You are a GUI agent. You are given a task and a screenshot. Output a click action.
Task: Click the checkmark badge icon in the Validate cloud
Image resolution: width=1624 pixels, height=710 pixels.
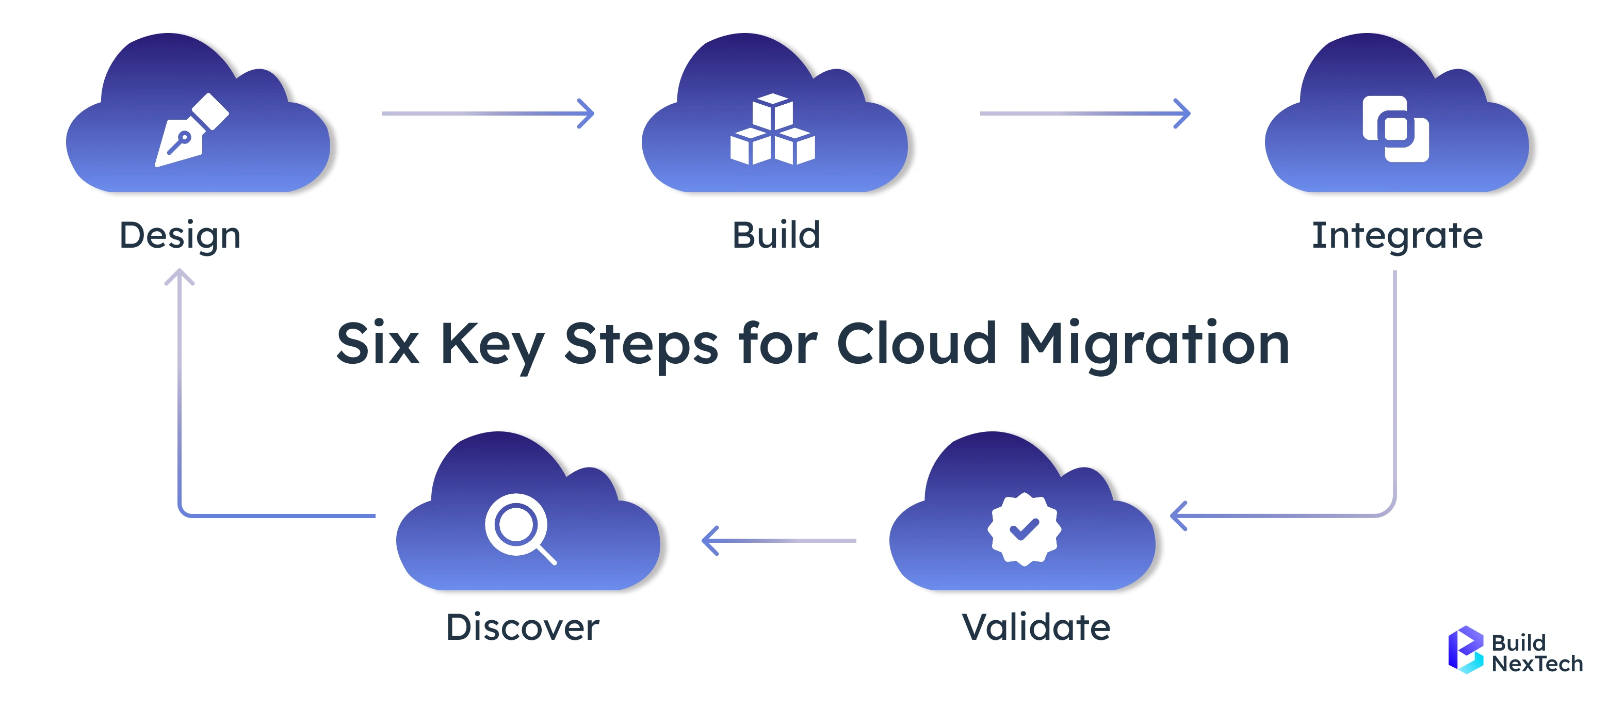pyautogui.click(x=1024, y=529)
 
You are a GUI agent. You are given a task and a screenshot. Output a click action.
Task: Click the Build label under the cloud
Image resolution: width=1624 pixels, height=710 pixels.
pyautogui.click(x=776, y=236)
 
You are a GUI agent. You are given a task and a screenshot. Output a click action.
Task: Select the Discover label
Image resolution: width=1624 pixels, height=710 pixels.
pyautogui.click(x=523, y=627)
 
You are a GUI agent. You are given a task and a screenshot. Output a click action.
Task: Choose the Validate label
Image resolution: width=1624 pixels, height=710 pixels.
pyautogui.click(x=1036, y=627)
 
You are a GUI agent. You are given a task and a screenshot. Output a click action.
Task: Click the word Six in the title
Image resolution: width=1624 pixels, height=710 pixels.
pyautogui.click(x=378, y=344)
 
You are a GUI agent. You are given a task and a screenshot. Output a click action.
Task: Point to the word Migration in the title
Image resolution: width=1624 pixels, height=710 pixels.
pyautogui.click(x=1154, y=344)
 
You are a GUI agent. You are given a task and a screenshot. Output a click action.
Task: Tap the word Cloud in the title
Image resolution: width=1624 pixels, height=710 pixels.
pyautogui.click(x=917, y=344)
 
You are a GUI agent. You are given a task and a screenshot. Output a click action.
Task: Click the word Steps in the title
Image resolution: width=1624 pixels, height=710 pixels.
pyautogui.click(x=641, y=344)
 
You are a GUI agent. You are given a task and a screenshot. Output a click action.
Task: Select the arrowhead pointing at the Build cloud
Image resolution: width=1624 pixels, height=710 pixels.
pyautogui.click(x=588, y=114)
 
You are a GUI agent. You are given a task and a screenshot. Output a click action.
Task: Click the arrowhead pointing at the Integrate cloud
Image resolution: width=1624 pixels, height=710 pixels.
pyautogui.click(x=1183, y=114)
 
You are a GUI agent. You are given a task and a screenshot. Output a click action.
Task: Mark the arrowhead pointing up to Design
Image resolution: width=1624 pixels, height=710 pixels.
pyautogui.click(x=180, y=276)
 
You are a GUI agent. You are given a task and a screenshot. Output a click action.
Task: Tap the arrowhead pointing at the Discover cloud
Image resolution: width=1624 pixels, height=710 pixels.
pyautogui.click(x=709, y=540)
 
